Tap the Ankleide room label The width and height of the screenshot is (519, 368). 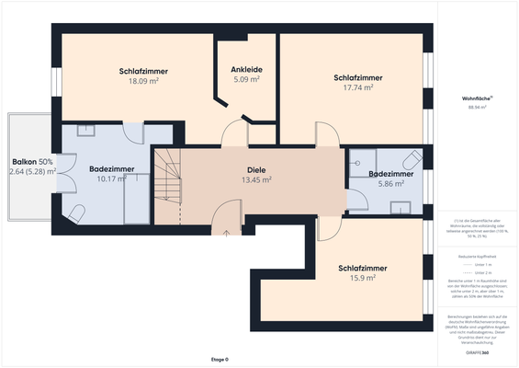pyautogui.click(x=245, y=68)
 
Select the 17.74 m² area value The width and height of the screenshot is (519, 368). pyautogui.click(x=358, y=88)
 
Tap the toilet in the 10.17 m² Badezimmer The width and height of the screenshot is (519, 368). pyautogui.click(x=77, y=214)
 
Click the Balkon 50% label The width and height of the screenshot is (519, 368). pyautogui.click(x=32, y=161)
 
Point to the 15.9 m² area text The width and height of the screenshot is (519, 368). pyautogui.click(x=362, y=278)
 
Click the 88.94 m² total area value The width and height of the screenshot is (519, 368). pyautogui.click(x=476, y=108)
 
